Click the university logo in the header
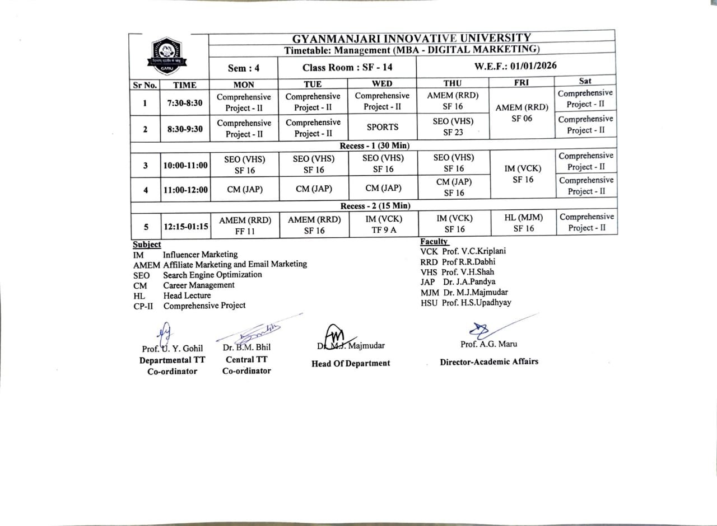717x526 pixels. coord(164,55)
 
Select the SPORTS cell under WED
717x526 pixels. coord(383,127)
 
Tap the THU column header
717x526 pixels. coord(452,84)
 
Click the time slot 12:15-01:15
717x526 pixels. coord(185,227)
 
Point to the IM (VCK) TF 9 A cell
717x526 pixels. coord(383,224)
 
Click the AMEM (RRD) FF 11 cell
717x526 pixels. coord(244,225)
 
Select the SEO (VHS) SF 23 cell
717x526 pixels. coord(453,126)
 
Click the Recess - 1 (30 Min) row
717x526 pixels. coord(375,145)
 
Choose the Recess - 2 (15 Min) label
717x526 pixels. coord(375,206)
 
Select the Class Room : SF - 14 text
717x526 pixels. coord(347,68)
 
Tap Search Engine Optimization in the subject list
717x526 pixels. coord(212,275)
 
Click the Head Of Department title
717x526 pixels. coord(351,363)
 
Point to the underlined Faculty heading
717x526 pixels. coord(434,241)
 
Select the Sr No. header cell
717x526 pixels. coord(145,85)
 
